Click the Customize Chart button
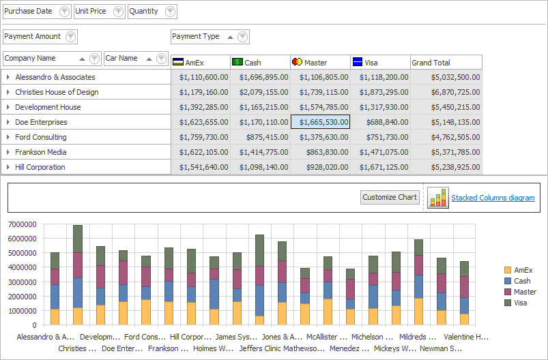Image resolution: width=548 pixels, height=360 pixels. tap(390, 197)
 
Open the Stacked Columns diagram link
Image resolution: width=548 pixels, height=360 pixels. tap(493, 198)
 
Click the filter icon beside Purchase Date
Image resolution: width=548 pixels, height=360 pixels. tap(64, 12)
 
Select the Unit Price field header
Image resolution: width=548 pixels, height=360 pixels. tap(91, 12)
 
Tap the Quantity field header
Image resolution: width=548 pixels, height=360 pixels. tap(144, 12)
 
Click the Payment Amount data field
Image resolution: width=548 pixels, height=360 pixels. tap(33, 37)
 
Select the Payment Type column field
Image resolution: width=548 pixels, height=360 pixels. tap(197, 37)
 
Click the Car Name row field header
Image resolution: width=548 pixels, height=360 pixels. tap(122, 59)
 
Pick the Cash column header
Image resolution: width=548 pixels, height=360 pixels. tap(253, 63)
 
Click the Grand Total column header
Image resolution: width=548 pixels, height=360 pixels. tap(431, 63)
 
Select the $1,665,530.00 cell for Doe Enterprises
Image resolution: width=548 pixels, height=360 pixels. tap(321, 122)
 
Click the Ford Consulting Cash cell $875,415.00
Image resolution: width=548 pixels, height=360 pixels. tap(261, 137)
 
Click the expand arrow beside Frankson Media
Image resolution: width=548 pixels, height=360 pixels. tap(8, 152)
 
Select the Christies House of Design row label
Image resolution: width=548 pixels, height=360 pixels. tap(57, 92)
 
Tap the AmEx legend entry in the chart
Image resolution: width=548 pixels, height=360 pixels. tap(523, 270)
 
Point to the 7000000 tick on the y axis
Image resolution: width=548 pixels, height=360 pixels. tap(23, 224)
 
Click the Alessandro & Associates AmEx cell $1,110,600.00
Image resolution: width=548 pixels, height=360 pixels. tap(201, 77)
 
